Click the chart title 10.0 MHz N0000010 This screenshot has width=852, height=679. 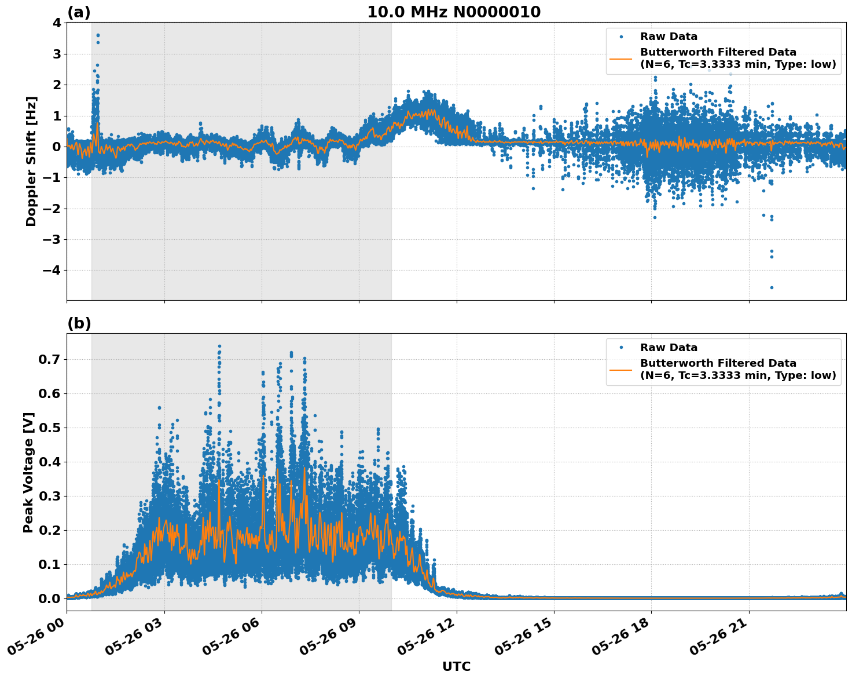[454, 12]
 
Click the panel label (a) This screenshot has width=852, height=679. [79, 12]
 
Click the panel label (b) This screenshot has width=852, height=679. [79, 323]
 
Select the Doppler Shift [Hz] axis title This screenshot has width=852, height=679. [31, 161]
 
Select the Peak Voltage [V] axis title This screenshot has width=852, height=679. [28, 472]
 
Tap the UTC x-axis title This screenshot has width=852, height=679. [456, 666]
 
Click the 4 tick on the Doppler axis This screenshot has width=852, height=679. [56, 23]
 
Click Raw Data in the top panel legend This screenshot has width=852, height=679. [669, 36]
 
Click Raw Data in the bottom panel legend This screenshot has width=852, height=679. [669, 348]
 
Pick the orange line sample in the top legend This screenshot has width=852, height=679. [620, 59]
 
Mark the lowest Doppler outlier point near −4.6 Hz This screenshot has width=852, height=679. [771, 287]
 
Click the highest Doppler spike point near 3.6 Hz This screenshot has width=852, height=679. [98, 35]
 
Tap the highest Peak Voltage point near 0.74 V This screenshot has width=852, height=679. [219, 346]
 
